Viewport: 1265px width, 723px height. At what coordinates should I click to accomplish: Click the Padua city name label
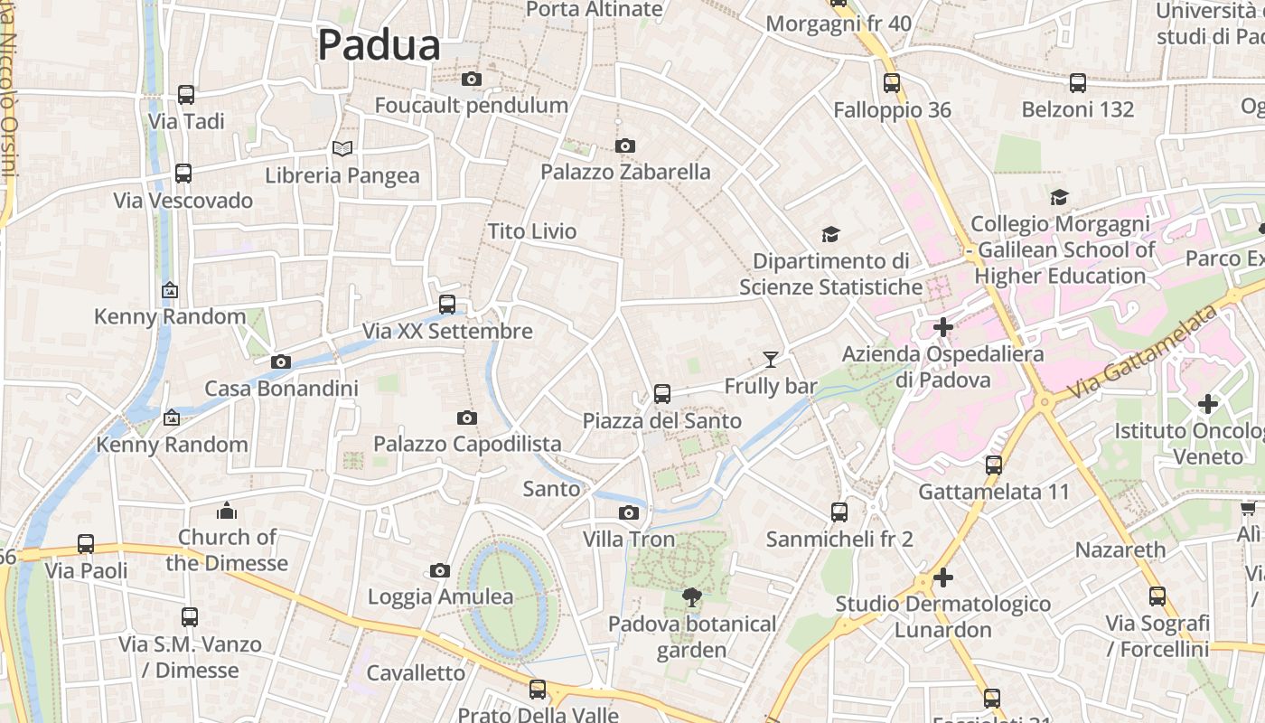(x=379, y=45)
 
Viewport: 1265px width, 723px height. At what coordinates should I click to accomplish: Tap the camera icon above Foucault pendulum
(x=471, y=80)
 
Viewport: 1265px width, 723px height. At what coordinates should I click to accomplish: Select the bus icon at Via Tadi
(x=186, y=95)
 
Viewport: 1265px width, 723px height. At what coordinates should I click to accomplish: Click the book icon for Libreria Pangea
(x=342, y=148)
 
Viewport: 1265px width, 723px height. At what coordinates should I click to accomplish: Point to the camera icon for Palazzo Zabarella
(x=624, y=146)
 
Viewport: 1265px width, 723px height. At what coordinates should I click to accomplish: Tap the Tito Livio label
(x=532, y=231)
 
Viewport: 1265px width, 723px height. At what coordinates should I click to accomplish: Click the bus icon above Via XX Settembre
(x=447, y=305)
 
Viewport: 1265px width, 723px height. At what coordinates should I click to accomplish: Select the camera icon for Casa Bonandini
(x=281, y=362)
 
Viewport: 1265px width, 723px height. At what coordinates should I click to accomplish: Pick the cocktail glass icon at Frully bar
(x=770, y=360)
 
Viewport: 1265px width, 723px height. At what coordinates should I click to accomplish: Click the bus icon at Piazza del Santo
(x=662, y=394)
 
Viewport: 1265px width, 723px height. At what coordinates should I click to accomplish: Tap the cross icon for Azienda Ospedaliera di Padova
(x=943, y=327)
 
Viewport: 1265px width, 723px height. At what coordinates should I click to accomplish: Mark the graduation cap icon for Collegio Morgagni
(x=1059, y=197)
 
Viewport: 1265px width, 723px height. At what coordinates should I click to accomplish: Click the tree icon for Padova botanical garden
(x=692, y=596)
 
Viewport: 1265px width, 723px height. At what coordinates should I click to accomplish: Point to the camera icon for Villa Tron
(x=629, y=513)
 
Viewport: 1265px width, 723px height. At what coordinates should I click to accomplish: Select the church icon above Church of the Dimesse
(x=227, y=511)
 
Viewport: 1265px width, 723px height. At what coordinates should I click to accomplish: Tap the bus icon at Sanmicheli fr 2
(x=839, y=512)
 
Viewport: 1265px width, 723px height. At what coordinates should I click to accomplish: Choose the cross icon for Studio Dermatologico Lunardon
(x=943, y=577)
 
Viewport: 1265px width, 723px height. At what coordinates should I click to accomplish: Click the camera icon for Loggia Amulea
(x=440, y=570)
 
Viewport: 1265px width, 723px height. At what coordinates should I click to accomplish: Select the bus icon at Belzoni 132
(x=1078, y=83)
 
